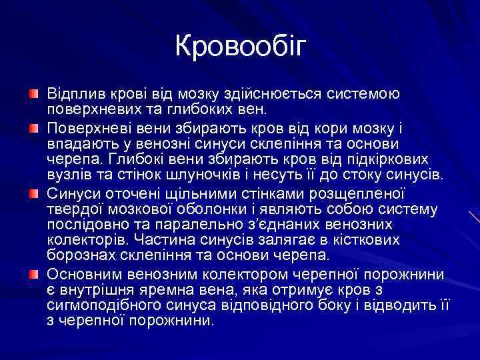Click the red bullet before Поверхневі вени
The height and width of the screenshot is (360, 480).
point(33,127)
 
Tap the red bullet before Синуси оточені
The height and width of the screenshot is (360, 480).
point(33,193)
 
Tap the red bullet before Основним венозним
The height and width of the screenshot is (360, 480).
point(33,274)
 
